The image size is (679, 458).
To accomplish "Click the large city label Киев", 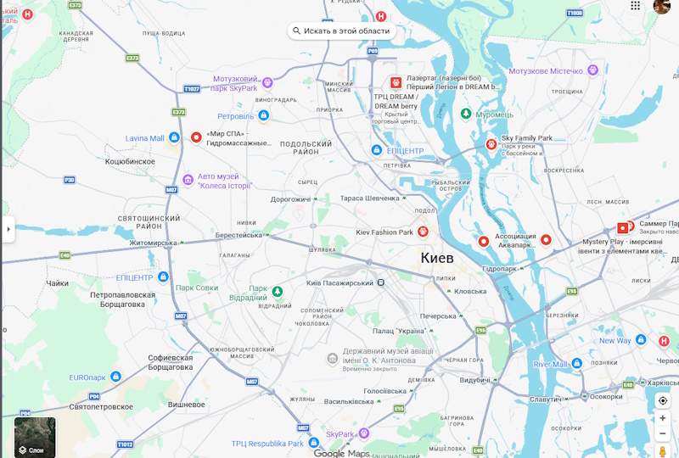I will tap(437, 258).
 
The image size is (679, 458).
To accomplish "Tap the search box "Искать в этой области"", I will tap(341, 31).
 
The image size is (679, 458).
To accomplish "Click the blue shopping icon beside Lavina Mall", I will tap(174, 137).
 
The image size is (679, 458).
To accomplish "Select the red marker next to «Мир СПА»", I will tap(197, 137).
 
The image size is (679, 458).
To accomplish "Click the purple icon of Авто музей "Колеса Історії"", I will tap(188, 181).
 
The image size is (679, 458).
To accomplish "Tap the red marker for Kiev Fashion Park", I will tap(422, 232).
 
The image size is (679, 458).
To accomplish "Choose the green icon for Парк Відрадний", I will tap(277, 293).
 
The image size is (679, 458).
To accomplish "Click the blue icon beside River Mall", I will tap(576, 364).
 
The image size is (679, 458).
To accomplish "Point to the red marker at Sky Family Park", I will tap(491, 144).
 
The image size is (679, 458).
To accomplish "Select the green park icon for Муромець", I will tap(465, 114).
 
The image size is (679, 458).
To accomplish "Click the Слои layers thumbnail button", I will tap(35, 437).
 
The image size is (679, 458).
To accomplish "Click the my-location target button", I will tap(663, 400).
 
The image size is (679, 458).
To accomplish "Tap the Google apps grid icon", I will tap(636, 6).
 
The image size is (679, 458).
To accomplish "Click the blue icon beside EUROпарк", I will tap(115, 377).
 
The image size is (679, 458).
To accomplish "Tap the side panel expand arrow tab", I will tap(8, 229).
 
